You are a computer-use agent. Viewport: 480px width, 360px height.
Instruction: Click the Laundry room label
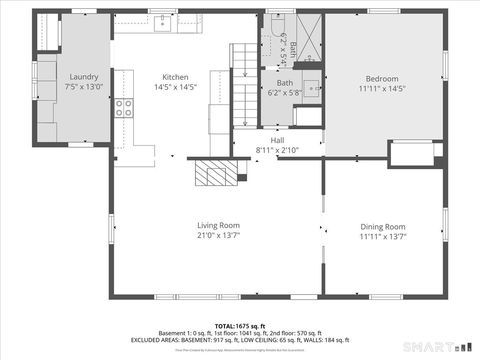(84, 77)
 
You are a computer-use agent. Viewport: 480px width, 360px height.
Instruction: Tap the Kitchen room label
(175, 77)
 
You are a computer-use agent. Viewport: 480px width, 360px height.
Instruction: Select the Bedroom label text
(382, 79)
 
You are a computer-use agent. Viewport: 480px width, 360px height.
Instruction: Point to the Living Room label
(218, 225)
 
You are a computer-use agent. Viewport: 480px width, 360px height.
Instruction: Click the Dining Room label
(382, 226)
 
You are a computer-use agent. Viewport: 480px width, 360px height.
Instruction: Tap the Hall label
(277, 141)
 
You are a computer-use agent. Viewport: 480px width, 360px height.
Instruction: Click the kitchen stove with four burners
(124, 108)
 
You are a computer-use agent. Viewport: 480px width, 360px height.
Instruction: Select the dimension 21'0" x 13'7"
(218, 236)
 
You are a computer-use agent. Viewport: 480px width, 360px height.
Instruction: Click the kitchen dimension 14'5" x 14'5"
(175, 87)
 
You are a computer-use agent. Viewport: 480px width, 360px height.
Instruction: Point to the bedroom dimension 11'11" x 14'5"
(382, 89)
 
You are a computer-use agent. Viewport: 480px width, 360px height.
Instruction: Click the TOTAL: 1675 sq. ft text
(237, 326)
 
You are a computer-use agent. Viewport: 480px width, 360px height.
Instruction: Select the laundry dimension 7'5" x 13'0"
(84, 87)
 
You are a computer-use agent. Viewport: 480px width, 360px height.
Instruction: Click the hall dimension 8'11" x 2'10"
(277, 150)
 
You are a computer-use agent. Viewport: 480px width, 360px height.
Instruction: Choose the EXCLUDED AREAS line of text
(237, 340)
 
